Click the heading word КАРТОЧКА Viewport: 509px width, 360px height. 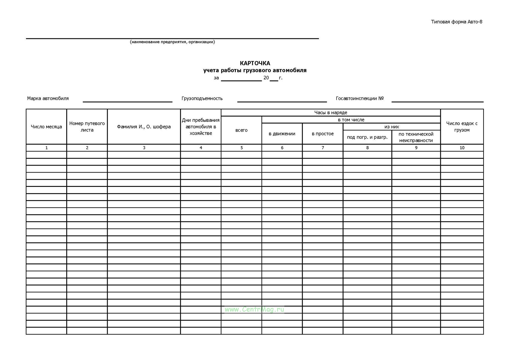coord(255,63)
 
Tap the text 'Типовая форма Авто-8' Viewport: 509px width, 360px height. coord(457,22)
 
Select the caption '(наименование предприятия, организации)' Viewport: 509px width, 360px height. coord(172,42)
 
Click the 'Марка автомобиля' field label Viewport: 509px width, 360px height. coord(48,98)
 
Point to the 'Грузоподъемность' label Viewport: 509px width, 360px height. coord(202,98)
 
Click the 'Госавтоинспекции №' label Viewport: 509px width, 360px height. coord(360,98)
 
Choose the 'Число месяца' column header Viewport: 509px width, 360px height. coord(46,127)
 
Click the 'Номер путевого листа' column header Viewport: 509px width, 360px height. coord(87,127)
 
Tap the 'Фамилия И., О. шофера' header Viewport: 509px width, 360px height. coord(144,127)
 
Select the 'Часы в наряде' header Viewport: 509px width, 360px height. coord(331,112)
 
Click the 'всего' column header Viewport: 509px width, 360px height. coord(241,130)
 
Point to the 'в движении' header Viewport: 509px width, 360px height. coord(282,134)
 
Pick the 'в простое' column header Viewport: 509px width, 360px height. coord(323,134)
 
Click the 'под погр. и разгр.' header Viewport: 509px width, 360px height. coord(367,137)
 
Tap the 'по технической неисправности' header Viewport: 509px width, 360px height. coord(416,137)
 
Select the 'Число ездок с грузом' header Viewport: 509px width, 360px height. coord(462,127)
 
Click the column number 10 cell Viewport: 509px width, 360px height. coord(462,148)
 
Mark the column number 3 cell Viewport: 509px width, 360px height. coord(144,148)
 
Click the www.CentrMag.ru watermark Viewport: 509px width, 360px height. coord(254,309)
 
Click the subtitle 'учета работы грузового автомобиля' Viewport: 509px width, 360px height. coord(255,70)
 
